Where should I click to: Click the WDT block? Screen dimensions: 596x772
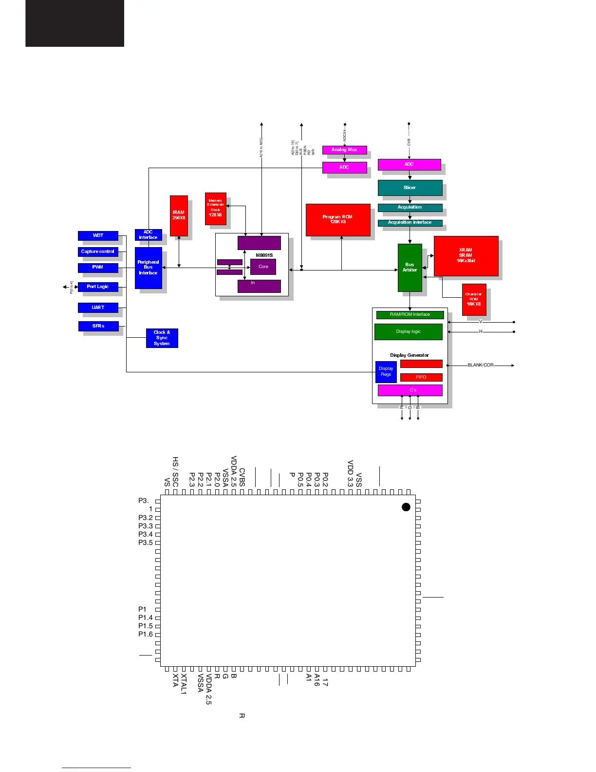tap(98, 235)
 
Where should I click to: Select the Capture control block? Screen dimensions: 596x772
tap(98, 251)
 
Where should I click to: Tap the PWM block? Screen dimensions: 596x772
tap(98, 268)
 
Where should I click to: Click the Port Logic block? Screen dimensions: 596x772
tap(98, 287)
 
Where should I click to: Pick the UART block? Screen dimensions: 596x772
tap(98, 308)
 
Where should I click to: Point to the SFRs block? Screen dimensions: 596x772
tap(98, 326)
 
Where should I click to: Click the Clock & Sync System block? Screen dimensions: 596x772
tap(162, 338)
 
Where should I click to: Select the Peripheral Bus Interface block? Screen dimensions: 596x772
tap(148, 268)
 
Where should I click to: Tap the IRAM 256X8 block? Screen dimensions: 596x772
tap(179, 215)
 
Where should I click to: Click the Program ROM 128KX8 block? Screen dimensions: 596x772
tap(337, 220)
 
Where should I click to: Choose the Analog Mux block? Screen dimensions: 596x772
tap(344, 150)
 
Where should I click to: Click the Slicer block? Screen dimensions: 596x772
tap(410, 188)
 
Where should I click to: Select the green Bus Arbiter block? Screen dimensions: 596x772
tap(410, 268)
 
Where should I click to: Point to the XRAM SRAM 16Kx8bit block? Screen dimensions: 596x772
tap(466, 256)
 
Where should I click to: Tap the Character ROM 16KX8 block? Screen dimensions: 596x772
tap(474, 299)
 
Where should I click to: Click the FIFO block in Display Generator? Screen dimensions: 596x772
tap(421, 377)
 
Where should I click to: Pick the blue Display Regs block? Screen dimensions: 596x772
tap(386, 371)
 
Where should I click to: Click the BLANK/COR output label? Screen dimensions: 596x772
tap(481, 365)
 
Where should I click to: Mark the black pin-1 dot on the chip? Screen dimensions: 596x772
tap(406, 507)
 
